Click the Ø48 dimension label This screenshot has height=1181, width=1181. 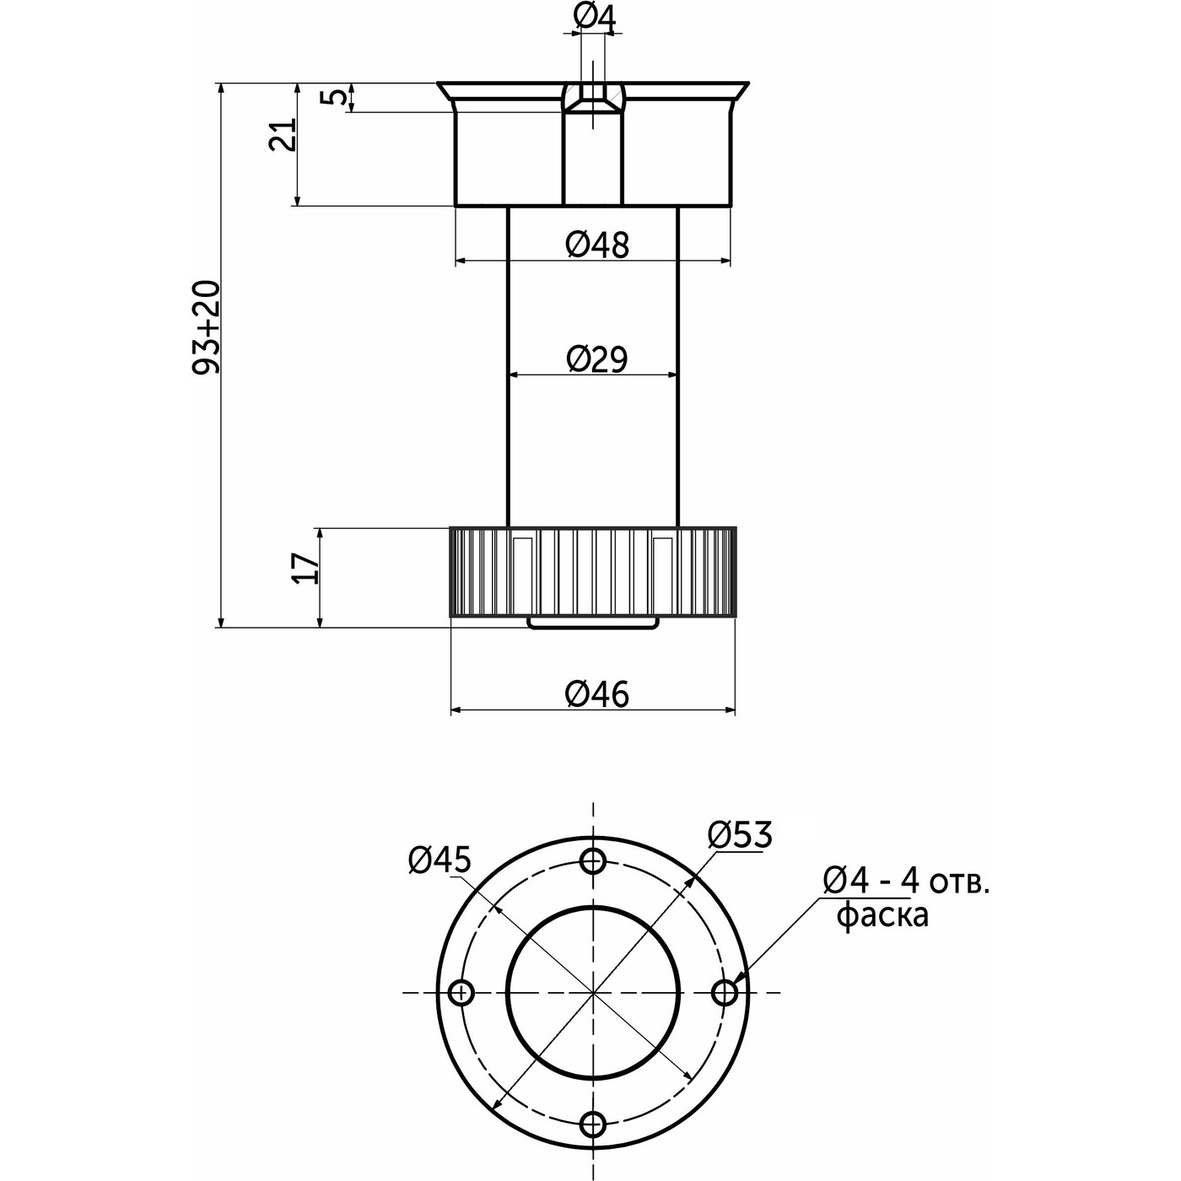click(597, 245)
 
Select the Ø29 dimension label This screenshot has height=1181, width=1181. click(597, 359)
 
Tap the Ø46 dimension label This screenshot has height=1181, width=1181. click(597, 694)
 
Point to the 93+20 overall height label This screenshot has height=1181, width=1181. click(206, 327)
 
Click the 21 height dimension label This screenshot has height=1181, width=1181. click(283, 134)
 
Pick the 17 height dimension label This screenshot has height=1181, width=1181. click(306, 568)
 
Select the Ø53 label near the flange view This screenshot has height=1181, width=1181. click(740, 834)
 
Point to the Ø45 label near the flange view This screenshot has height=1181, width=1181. click(440, 860)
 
